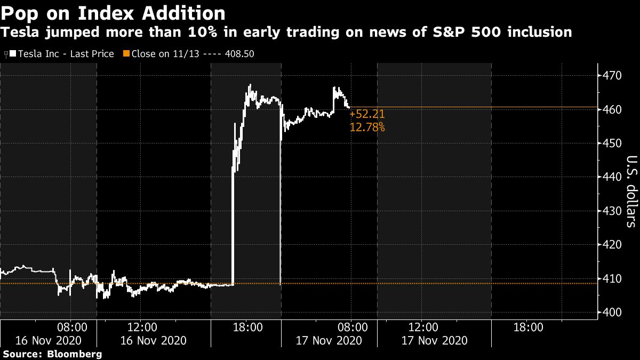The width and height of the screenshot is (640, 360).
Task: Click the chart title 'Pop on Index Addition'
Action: (113, 12)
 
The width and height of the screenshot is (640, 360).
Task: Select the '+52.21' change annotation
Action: (367, 114)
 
